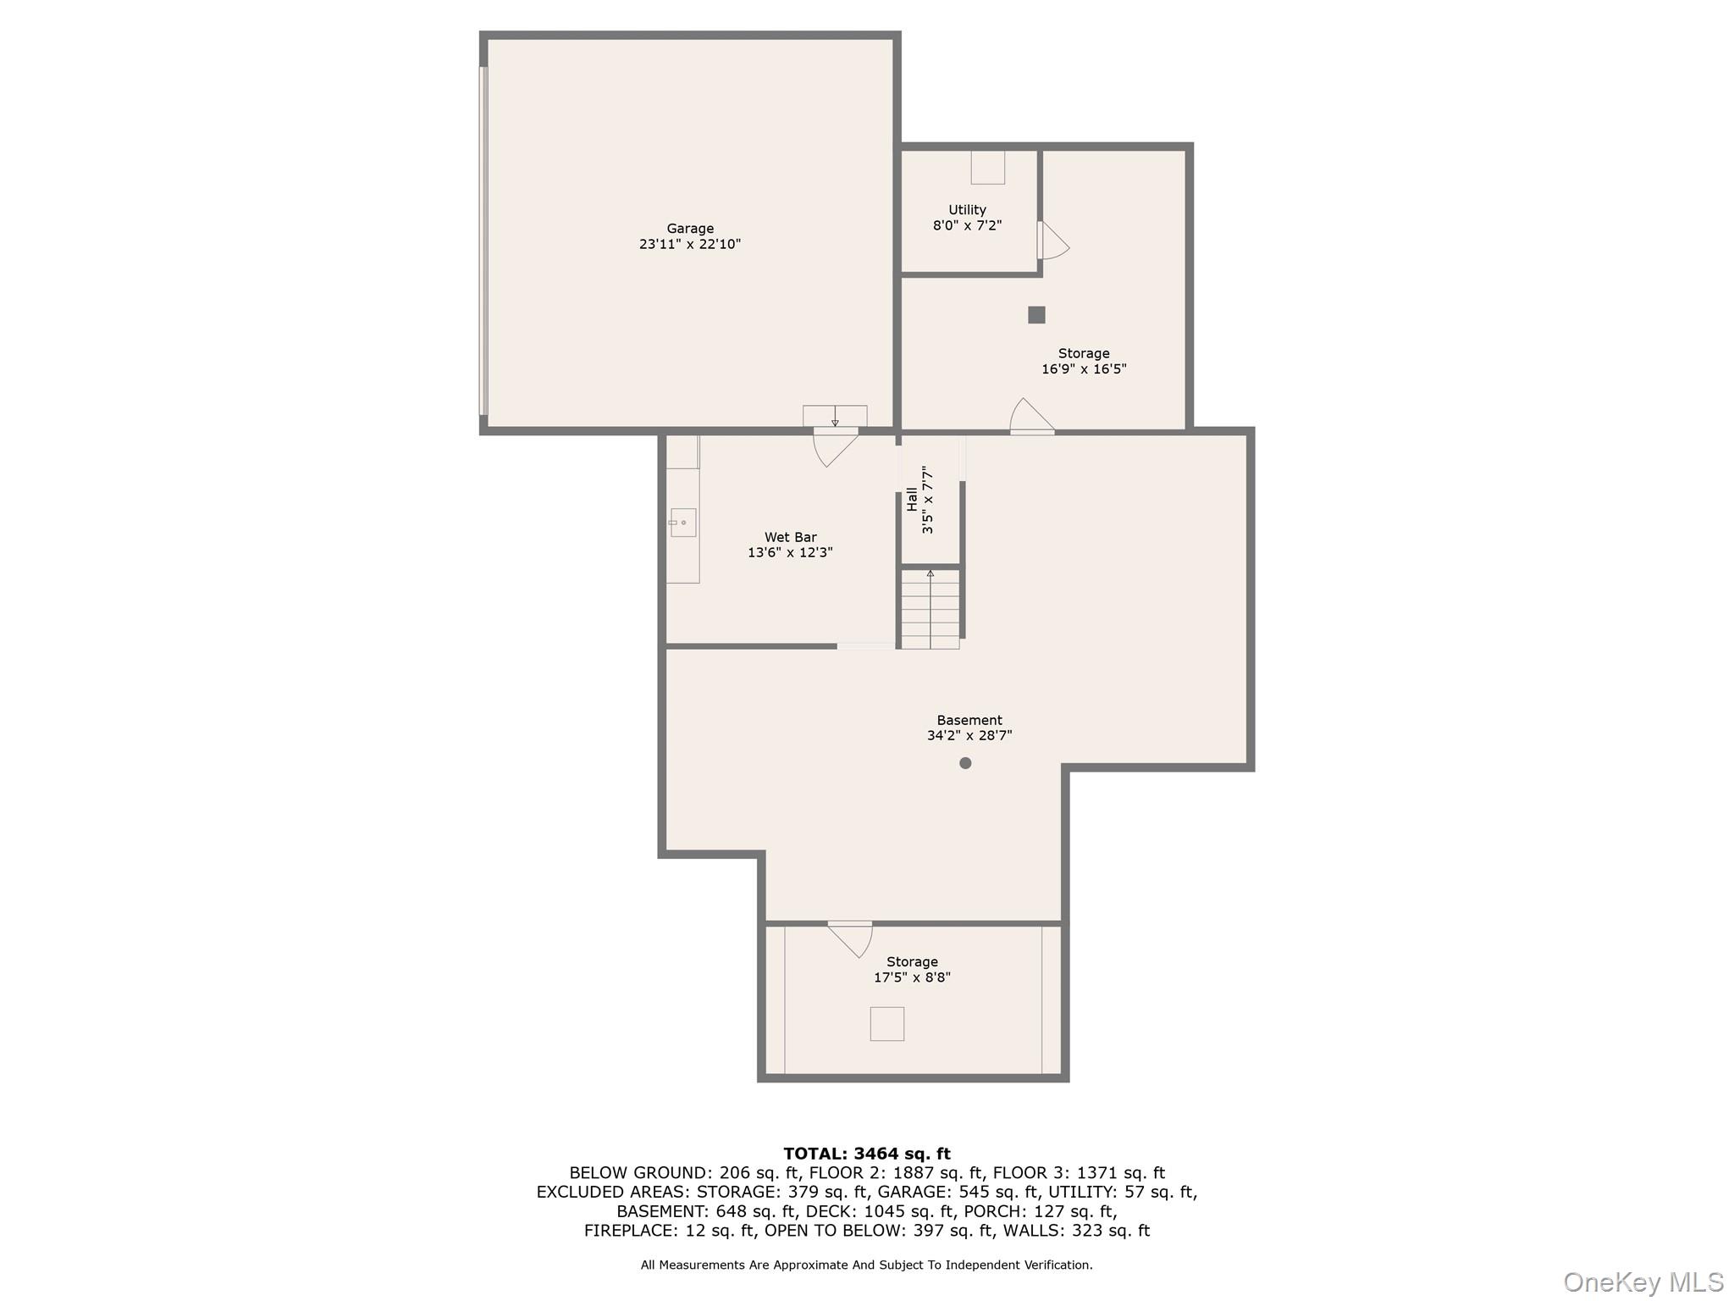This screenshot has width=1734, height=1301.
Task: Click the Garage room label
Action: click(x=690, y=229)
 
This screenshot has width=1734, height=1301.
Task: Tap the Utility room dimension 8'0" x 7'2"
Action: click(x=967, y=226)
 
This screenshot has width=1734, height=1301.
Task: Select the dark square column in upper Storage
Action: click(x=1036, y=315)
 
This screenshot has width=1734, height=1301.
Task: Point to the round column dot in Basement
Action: click(x=965, y=763)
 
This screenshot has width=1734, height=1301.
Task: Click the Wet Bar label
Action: click(x=790, y=537)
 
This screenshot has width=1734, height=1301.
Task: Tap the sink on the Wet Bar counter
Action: click(x=682, y=523)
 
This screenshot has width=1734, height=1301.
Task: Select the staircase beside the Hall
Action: click(x=930, y=609)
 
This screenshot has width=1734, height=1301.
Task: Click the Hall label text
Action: click(x=912, y=499)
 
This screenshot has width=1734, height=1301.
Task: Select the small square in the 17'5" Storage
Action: click(x=886, y=1024)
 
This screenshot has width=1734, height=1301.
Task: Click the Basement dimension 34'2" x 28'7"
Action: click(x=969, y=736)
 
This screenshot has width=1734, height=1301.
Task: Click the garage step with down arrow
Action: click(x=835, y=416)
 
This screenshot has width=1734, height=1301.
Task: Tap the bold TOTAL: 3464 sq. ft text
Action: click(x=866, y=1154)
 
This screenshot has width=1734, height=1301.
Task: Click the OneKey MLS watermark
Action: click(x=1643, y=1282)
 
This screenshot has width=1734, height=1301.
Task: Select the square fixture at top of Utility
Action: click(x=987, y=168)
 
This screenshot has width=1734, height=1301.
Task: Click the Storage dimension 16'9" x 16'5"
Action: click(x=1084, y=369)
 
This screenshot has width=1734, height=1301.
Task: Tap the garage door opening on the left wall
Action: click(x=483, y=241)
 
